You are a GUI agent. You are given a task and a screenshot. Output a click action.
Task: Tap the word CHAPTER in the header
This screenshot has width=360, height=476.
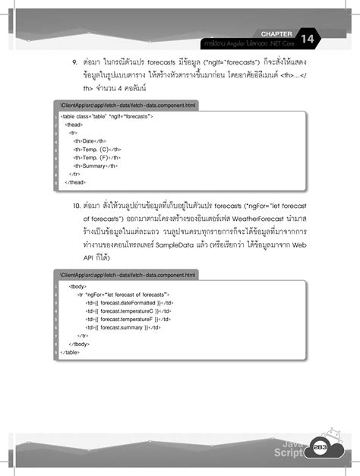(x=275, y=33)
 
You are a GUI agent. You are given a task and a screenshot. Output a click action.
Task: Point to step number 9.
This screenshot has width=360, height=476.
(x=75, y=58)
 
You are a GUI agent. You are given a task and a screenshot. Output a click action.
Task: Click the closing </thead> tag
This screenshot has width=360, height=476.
(x=75, y=182)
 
